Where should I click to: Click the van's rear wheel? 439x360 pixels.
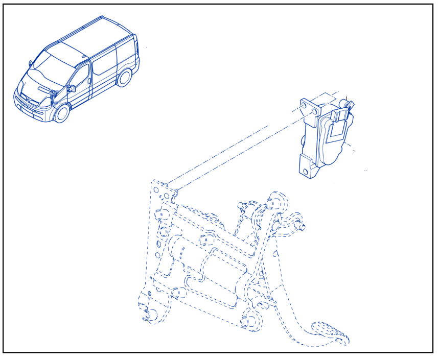[x=124, y=78]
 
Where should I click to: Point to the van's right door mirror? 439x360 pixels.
[x=72, y=88]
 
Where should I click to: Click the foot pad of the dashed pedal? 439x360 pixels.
[x=330, y=331]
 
